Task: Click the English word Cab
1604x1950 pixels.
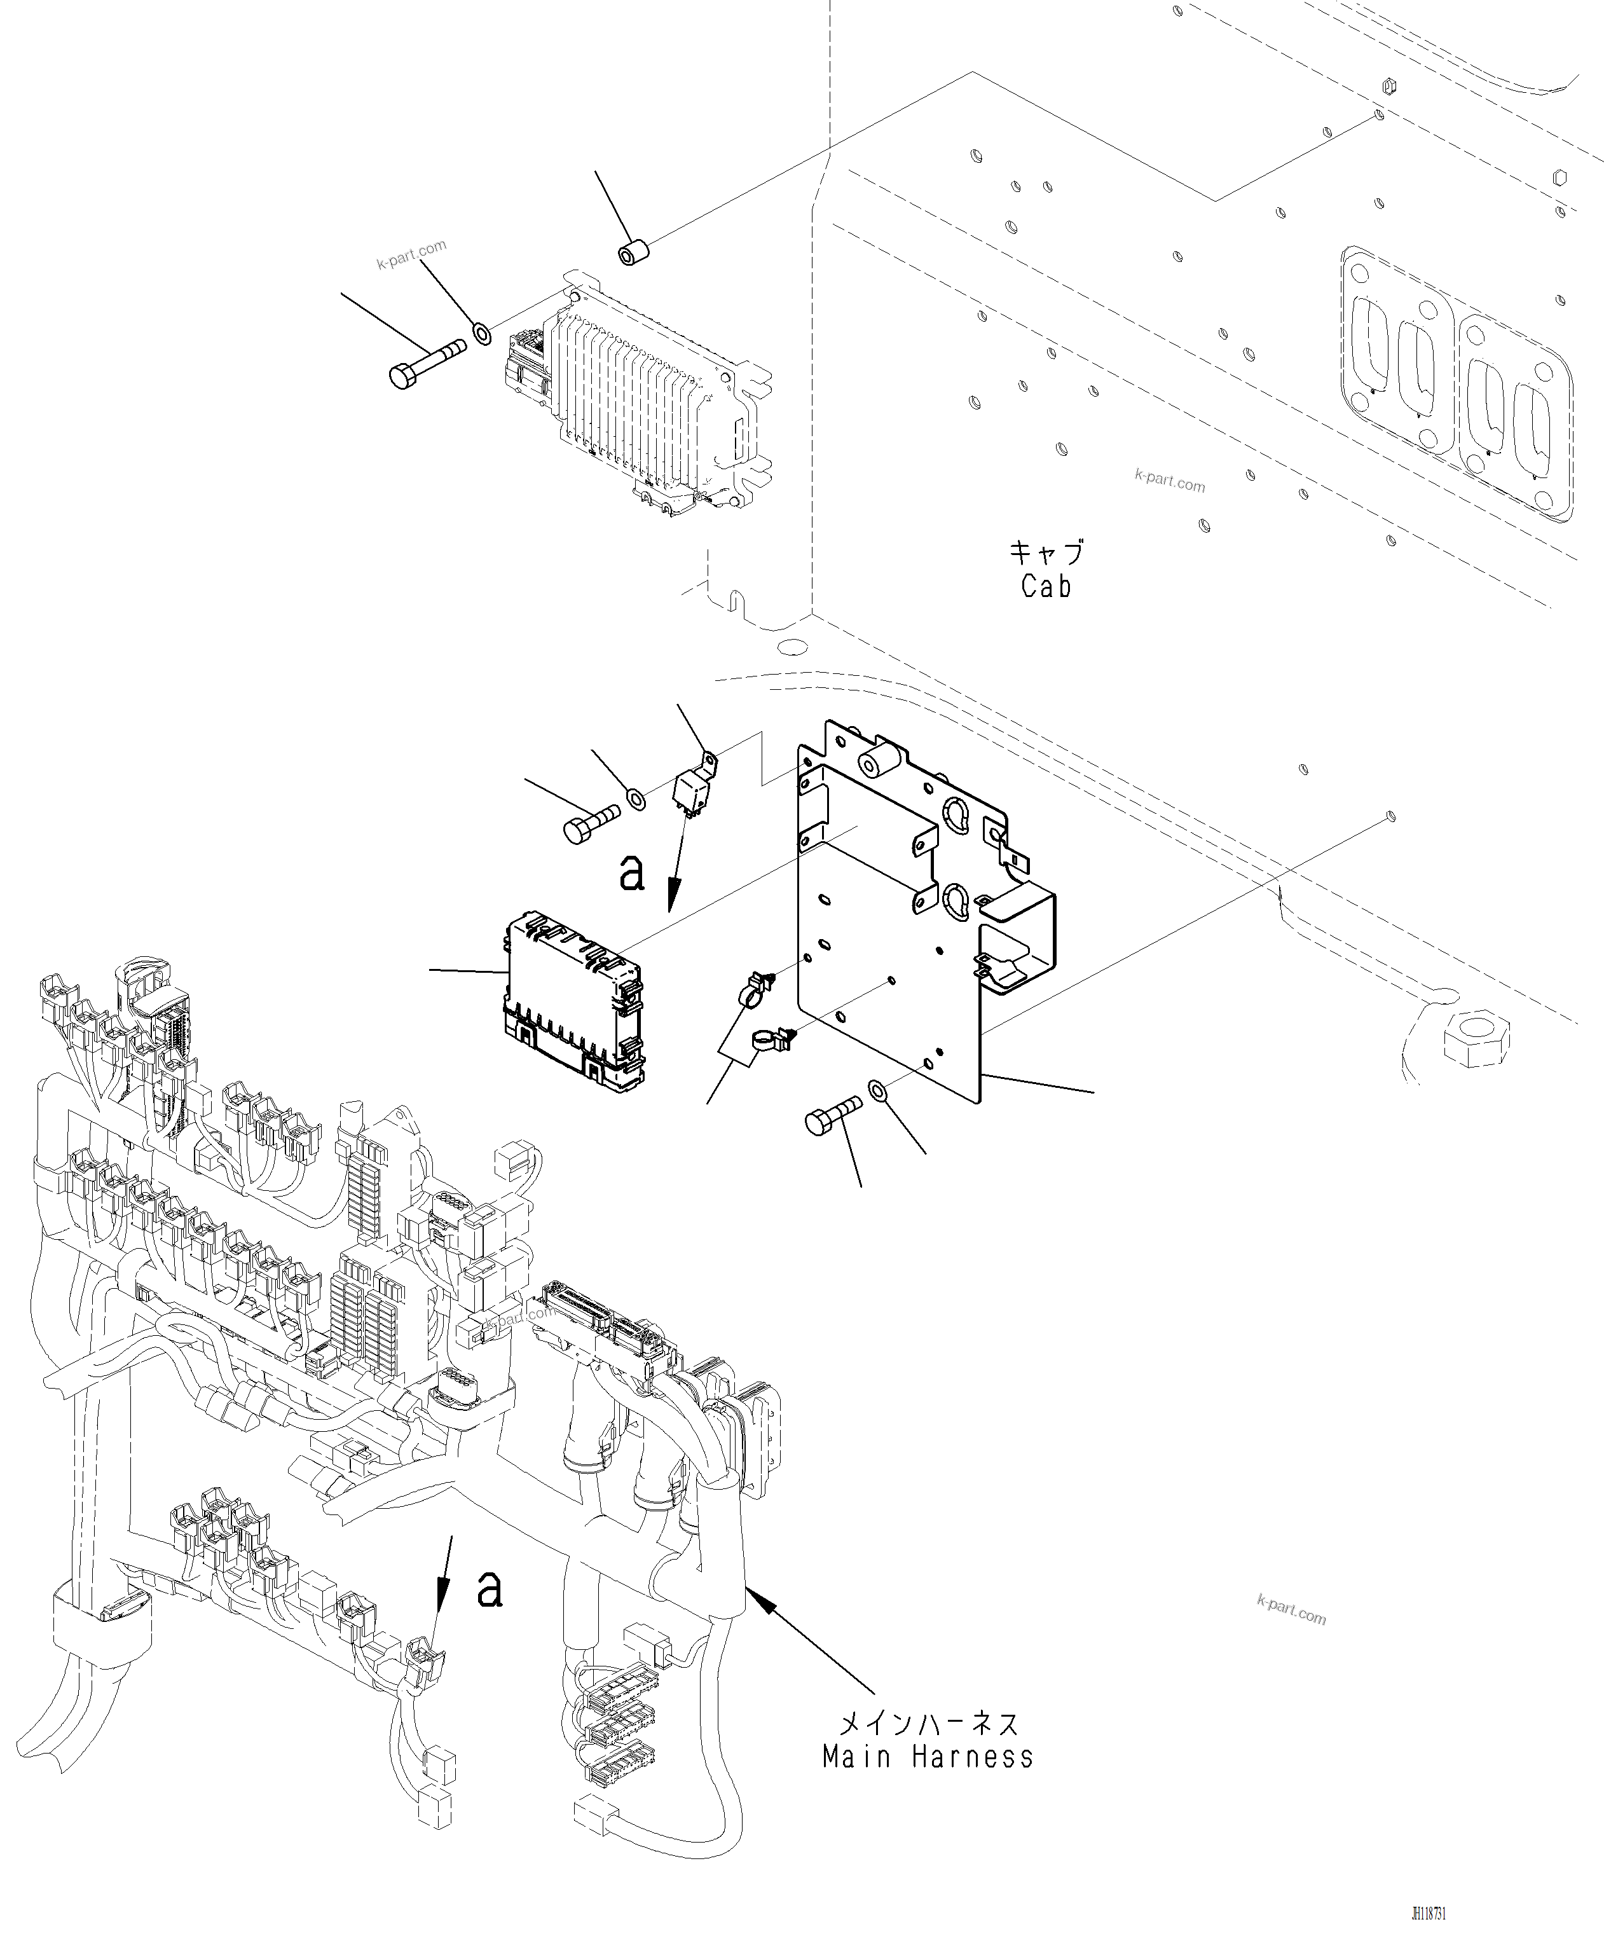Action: pos(1045,586)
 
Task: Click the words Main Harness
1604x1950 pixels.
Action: pos(928,1757)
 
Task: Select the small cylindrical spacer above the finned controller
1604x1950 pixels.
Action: pos(633,253)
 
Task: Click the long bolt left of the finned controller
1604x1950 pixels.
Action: pos(425,363)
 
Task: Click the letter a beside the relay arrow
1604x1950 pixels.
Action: pos(631,872)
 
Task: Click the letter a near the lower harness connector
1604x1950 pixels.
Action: pos(489,1590)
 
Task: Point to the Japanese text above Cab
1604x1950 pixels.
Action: pos(1045,553)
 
